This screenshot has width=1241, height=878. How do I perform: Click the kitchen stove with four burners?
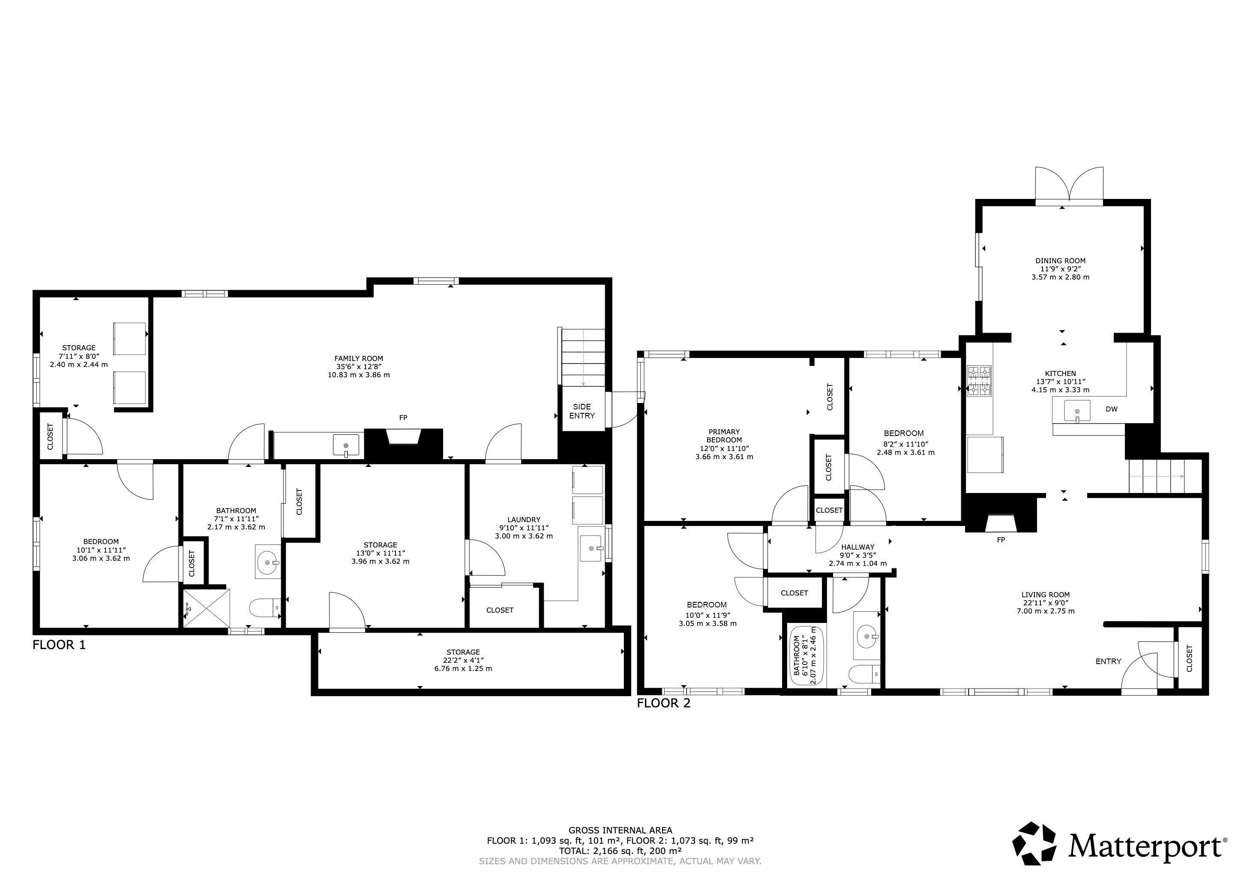click(x=980, y=381)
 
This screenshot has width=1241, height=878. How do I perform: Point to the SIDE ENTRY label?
click(x=582, y=411)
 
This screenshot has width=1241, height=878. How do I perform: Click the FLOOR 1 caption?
click(x=59, y=644)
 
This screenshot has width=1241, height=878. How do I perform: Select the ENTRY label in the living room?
click(x=1108, y=661)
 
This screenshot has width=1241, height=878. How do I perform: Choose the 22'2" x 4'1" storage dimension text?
click(x=463, y=660)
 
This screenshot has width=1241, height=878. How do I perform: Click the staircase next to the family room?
click(x=583, y=357)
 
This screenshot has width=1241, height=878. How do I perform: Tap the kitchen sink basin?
click(x=1077, y=410)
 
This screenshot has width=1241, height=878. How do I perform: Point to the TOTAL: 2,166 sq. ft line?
click(x=620, y=851)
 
